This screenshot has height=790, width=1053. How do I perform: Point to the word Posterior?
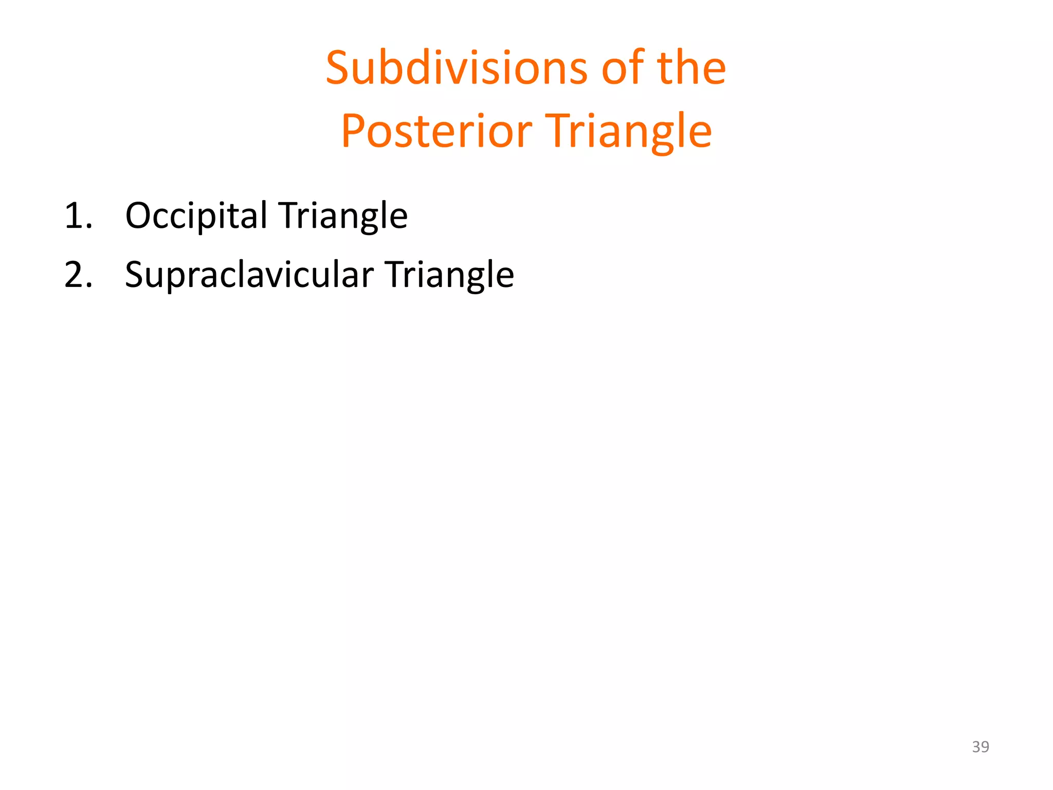click(x=436, y=131)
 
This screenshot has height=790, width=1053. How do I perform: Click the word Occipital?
click(x=195, y=216)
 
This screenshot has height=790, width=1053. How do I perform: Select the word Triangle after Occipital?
click(x=343, y=216)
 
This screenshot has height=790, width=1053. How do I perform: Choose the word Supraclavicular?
click(x=249, y=275)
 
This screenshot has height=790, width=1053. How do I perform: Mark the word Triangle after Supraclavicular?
click(x=449, y=275)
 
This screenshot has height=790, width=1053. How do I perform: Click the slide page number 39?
click(x=980, y=746)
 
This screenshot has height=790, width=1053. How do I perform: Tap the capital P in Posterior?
click(x=354, y=131)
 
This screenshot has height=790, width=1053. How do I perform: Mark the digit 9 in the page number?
click(x=985, y=746)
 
